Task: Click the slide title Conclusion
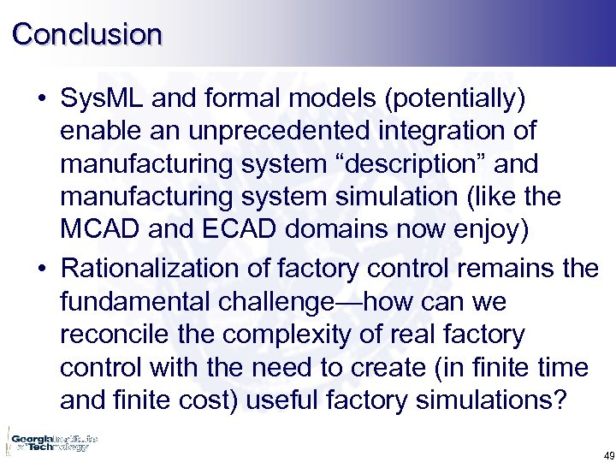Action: pyautogui.click(x=87, y=33)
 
